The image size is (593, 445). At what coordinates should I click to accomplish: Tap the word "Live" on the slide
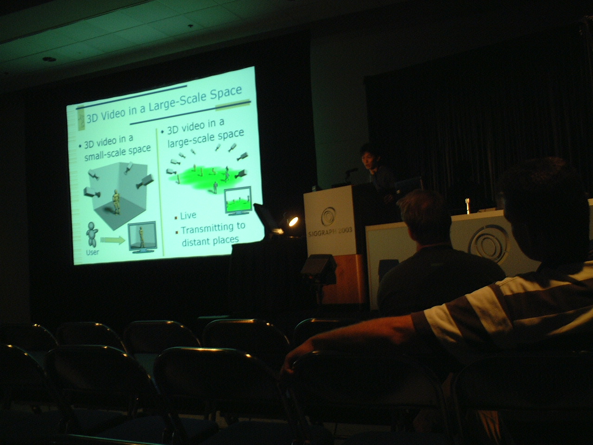188,216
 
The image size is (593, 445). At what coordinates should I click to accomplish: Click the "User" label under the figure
92,252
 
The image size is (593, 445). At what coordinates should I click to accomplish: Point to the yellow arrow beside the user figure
113,240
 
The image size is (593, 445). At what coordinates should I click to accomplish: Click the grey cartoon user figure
92,234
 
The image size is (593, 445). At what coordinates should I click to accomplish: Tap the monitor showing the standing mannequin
142,237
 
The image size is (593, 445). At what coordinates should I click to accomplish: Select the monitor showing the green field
239,200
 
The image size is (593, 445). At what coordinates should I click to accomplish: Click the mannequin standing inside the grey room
116,201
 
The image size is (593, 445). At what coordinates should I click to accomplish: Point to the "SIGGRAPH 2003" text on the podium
330,231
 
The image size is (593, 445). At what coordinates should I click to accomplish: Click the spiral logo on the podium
328,216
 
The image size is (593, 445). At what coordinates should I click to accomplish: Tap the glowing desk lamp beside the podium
293,221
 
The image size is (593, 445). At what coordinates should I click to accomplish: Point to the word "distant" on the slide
194,242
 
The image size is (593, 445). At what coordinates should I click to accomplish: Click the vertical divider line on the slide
160,192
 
